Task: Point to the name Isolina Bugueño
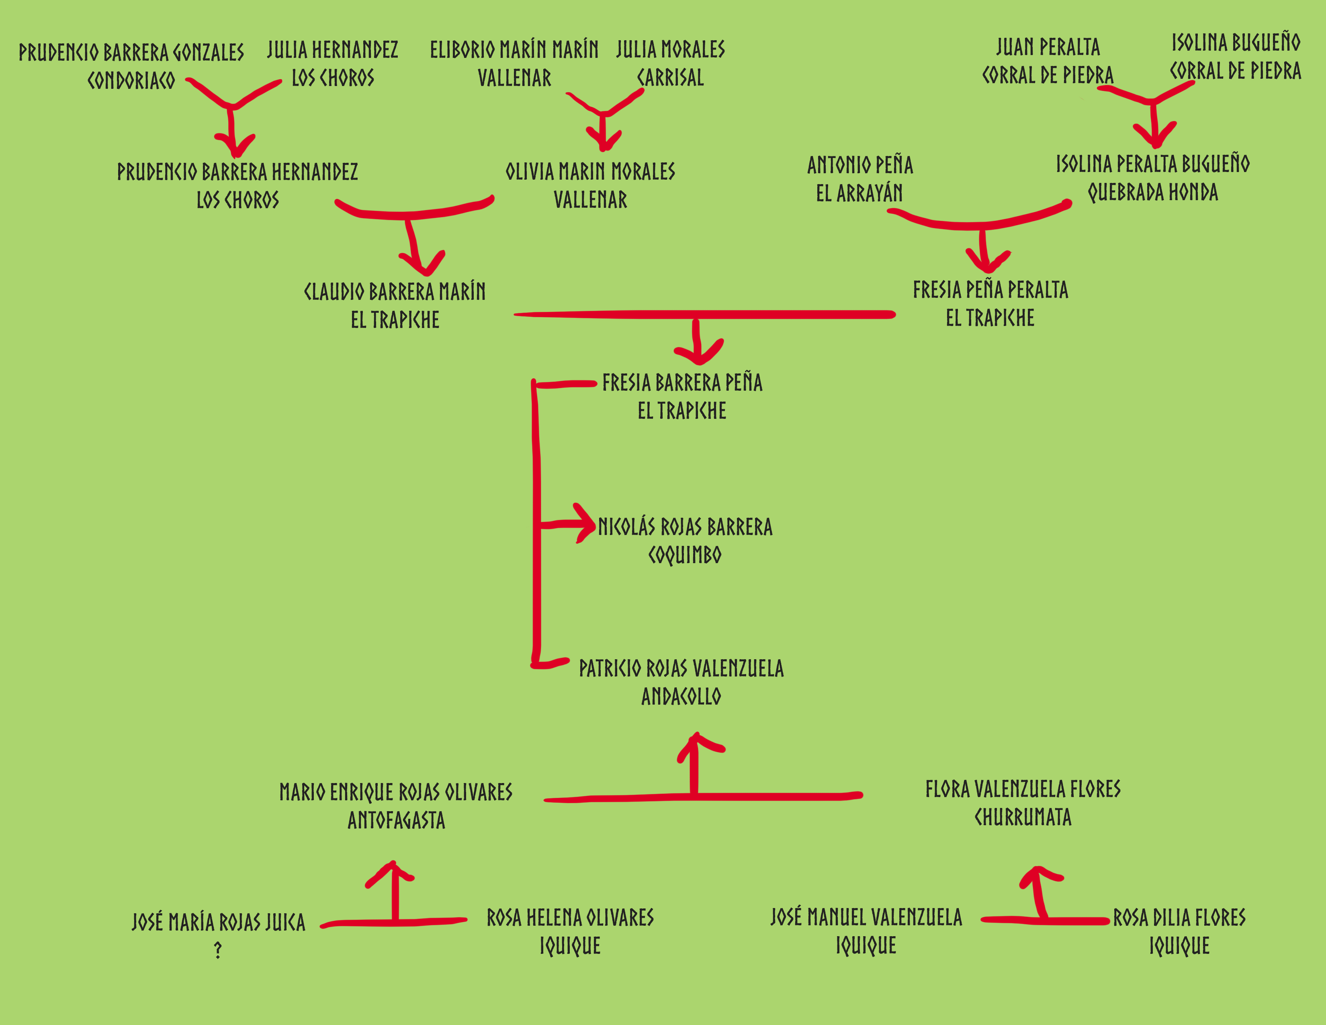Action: click(x=1236, y=43)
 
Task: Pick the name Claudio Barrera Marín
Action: click(x=395, y=291)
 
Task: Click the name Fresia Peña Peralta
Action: click(x=990, y=290)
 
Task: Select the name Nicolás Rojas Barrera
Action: click(x=685, y=527)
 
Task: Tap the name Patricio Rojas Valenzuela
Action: click(x=681, y=668)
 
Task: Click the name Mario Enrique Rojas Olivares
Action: click(x=396, y=792)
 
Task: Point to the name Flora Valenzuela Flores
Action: click(x=1023, y=789)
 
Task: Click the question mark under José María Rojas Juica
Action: click(x=218, y=950)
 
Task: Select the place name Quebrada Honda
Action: click(x=1152, y=193)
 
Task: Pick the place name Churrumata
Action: click(x=1023, y=817)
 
